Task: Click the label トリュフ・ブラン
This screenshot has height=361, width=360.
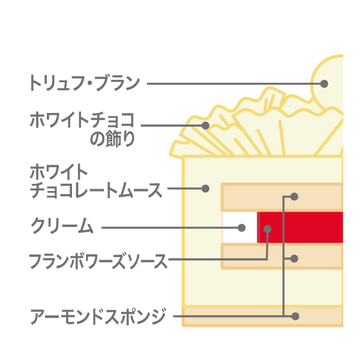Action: click(x=84, y=83)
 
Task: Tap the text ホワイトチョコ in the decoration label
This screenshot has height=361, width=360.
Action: click(x=82, y=120)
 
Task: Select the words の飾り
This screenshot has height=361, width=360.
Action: click(x=112, y=139)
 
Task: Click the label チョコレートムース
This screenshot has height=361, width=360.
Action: click(x=96, y=190)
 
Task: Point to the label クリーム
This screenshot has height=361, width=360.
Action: click(x=62, y=226)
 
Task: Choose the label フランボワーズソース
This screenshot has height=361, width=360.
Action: click(x=98, y=261)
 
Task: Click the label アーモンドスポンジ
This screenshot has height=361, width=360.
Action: click(x=98, y=317)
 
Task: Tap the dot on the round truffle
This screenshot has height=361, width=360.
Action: click(x=324, y=83)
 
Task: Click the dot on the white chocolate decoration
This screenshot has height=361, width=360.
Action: click(x=205, y=126)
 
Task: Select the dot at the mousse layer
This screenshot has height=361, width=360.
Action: click(x=205, y=189)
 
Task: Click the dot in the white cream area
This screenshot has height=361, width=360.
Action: click(x=242, y=228)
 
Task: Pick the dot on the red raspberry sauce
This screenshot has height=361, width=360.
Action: click(x=267, y=229)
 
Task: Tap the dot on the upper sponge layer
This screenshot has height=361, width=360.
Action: click(x=294, y=196)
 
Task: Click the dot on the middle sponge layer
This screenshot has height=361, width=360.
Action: click(x=294, y=259)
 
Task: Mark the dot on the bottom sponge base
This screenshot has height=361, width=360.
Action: click(x=295, y=317)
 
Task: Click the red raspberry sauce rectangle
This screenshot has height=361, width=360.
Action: click(x=300, y=227)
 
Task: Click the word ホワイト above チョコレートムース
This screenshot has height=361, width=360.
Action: click(x=59, y=172)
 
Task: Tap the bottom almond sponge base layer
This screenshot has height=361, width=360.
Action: click(x=262, y=317)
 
